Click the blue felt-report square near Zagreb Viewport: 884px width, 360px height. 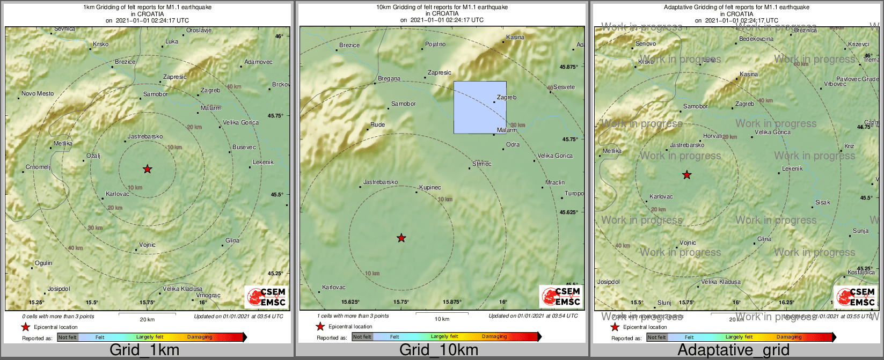point(480,107)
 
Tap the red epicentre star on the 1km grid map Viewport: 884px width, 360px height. point(148,170)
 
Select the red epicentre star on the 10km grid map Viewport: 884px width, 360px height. point(401,238)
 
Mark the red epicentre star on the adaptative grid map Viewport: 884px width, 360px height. point(686,175)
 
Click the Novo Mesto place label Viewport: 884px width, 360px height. point(38,94)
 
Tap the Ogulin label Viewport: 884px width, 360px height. point(43,263)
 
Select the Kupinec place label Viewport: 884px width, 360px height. point(430,187)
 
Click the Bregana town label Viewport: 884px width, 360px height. point(389,79)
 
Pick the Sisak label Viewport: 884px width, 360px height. point(822,203)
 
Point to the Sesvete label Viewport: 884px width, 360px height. point(564,87)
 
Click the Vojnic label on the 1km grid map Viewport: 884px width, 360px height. point(147,245)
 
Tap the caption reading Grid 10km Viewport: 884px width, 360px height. point(439,350)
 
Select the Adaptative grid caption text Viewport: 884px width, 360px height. point(733,350)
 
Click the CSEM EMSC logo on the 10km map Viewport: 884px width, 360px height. point(561,297)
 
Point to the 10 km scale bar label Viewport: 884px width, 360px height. point(442,319)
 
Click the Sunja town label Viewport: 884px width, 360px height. point(860,231)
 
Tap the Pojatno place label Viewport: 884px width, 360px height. point(435,45)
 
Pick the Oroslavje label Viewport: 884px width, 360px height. point(199,31)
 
